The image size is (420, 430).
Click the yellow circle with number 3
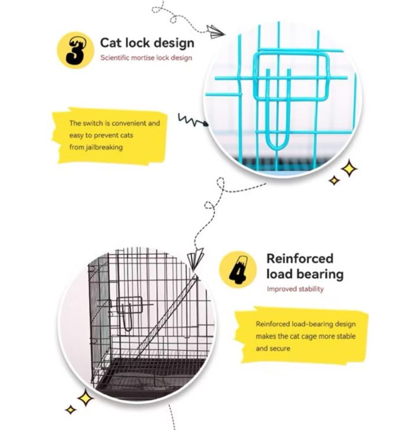[x=75, y=50]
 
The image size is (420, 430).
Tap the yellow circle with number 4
[x=238, y=270]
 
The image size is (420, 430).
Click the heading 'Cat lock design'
[x=147, y=43]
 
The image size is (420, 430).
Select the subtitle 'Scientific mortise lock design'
[x=146, y=58]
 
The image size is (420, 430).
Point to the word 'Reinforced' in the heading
[x=300, y=258]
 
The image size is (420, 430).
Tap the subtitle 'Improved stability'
[x=295, y=289]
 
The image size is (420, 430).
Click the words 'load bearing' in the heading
[x=304, y=274]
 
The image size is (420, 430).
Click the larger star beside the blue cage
[x=348, y=169]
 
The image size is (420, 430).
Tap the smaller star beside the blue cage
[x=334, y=180]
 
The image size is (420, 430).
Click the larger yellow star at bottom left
[x=86, y=398]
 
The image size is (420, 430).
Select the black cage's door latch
[x=131, y=309]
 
